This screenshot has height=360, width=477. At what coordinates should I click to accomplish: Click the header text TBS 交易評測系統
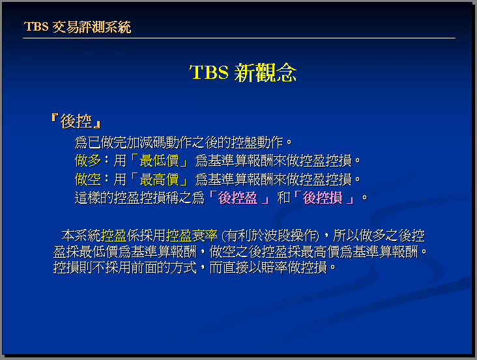tap(78, 27)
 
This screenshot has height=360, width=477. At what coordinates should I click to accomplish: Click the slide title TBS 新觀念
tap(243, 73)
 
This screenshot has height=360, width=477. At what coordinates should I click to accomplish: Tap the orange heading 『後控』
tap(76, 121)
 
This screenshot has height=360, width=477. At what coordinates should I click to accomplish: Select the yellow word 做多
tap(87, 160)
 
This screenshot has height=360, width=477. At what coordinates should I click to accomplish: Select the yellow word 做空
tap(87, 179)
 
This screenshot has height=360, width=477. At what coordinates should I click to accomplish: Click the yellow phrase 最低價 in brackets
tap(159, 160)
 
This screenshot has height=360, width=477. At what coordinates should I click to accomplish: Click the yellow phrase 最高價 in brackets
tap(159, 179)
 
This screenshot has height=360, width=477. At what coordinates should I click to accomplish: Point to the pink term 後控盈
tap(238, 198)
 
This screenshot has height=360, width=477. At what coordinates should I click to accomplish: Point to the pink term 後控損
tap(323, 198)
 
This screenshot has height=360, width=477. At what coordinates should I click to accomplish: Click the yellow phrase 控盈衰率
tap(192, 236)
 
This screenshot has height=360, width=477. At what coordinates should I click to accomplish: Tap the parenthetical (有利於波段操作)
tap(270, 236)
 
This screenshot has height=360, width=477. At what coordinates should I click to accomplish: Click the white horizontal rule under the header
tap(239, 38)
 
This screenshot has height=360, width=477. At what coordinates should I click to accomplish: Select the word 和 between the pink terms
tap(283, 198)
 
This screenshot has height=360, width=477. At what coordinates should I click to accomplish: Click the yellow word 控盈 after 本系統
tap(114, 236)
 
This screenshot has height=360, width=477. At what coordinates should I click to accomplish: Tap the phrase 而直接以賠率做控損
tap(268, 268)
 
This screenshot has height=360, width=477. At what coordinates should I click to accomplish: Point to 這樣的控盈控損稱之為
tap(139, 198)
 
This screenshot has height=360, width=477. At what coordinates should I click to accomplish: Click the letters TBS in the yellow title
tap(209, 72)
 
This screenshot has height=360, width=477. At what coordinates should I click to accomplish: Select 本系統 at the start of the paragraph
tap(81, 236)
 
